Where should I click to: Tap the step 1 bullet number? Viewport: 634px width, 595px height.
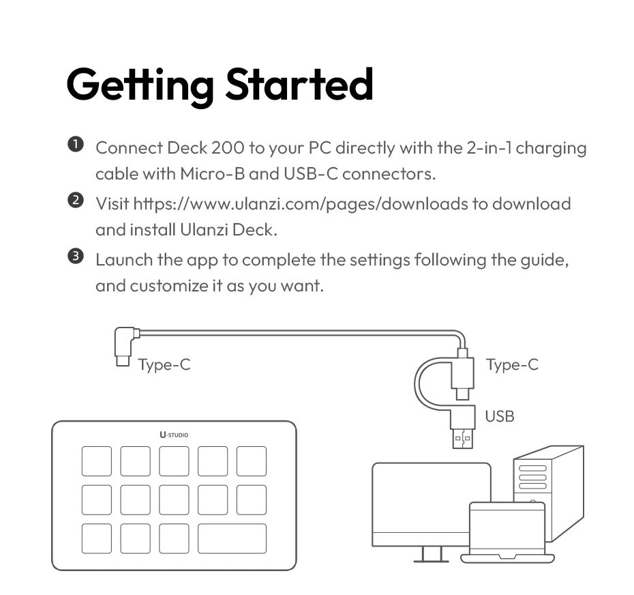[x=75, y=144]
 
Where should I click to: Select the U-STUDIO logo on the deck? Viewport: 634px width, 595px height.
[x=174, y=434]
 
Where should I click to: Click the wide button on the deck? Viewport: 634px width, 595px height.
[x=232, y=538]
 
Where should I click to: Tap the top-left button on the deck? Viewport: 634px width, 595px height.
[x=97, y=461]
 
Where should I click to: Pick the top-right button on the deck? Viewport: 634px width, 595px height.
[x=251, y=461]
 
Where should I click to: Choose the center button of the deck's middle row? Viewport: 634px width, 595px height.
[x=174, y=499]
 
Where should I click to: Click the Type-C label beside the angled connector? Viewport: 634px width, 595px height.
[x=164, y=365]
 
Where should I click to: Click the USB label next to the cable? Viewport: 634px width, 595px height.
[x=499, y=416]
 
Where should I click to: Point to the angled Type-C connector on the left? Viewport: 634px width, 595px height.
[x=123, y=345]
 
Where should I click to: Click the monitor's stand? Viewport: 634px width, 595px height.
[x=430, y=554]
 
